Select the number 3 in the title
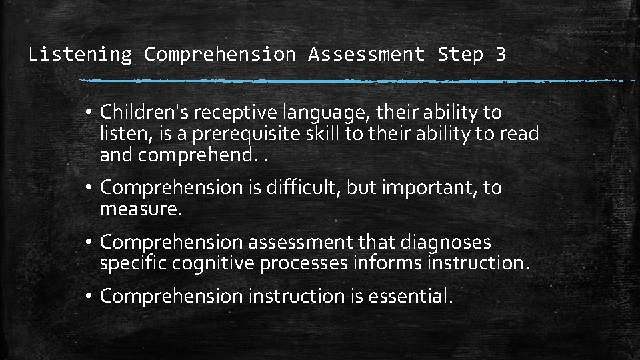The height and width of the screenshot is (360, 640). [501, 54]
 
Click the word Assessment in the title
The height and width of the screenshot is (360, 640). [366, 54]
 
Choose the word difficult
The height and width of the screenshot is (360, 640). [303, 188]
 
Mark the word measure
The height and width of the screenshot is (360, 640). [140, 210]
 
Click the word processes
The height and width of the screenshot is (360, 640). [303, 264]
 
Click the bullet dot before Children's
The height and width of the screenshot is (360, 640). [89, 112]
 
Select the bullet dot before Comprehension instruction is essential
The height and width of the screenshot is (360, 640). [89, 296]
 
